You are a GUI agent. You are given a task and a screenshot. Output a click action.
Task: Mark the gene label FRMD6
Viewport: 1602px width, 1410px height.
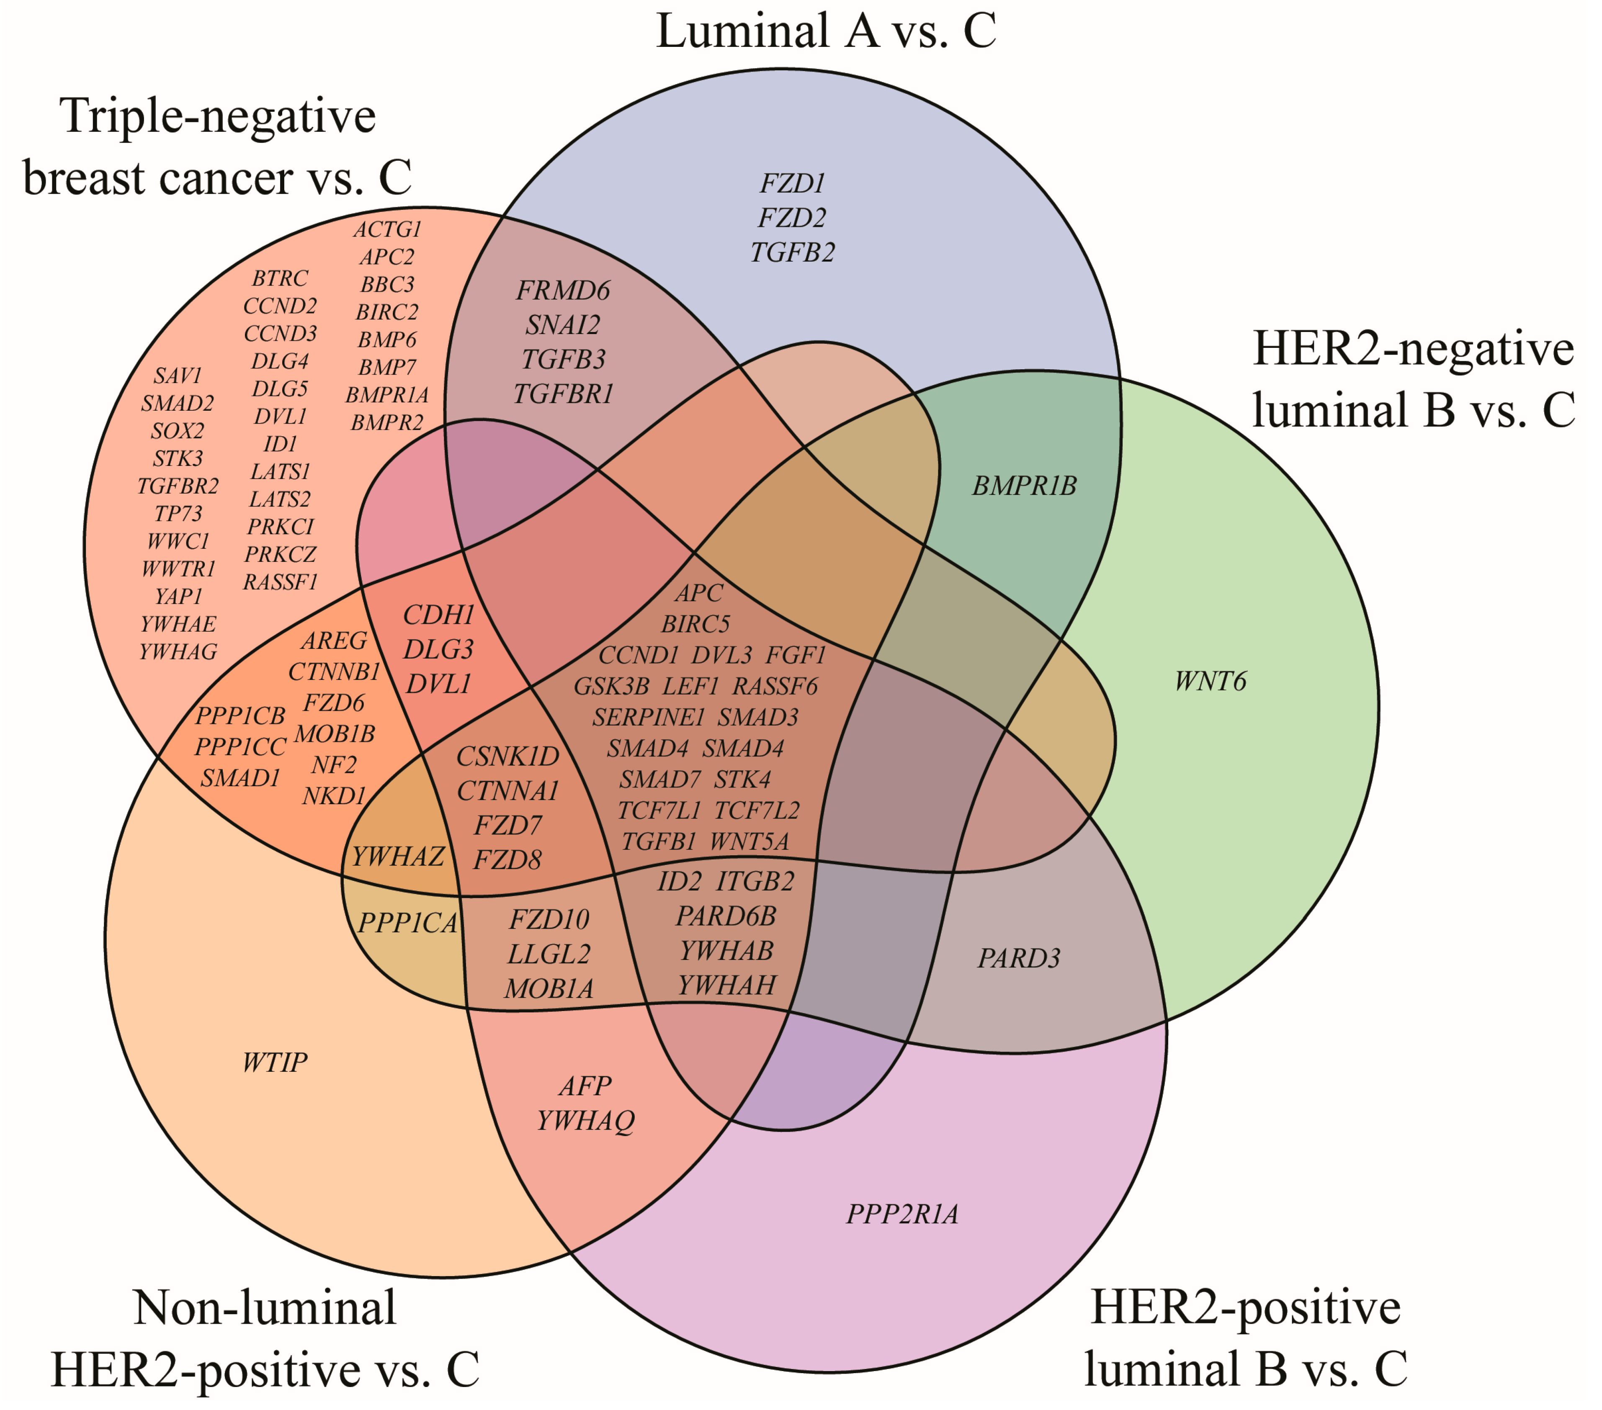pyautogui.click(x=563, y=291)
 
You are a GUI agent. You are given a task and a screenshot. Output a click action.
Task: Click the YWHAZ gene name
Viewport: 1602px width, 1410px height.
pyautogui.click(x=398, y=857)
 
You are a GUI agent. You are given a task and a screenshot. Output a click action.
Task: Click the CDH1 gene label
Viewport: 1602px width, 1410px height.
pyautogui.click(x=439, y=615)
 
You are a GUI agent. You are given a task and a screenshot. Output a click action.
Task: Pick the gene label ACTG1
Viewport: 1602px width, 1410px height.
pyautogui.click(x=387, y=230)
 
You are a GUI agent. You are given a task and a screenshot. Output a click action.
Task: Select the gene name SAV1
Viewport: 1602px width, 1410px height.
pyautogui.click(x=178, y=376)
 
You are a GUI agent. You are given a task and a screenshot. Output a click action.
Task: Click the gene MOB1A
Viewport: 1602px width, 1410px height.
pyautogui.click(x=549, y=989)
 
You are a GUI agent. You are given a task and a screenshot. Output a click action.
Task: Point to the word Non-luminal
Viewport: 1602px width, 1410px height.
pyautogui.click(x=265, y=1308)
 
